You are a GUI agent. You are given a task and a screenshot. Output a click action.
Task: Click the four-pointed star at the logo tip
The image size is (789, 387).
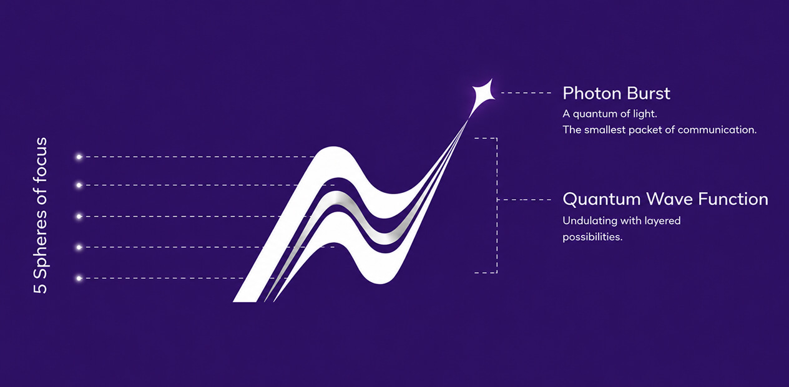coord(484,93)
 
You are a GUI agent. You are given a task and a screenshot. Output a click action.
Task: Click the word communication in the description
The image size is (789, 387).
coord(717,130)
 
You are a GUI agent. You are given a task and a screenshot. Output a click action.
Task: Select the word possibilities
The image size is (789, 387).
coord(592,237)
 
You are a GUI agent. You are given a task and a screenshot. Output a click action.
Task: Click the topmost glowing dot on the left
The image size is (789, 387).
coord(79,157)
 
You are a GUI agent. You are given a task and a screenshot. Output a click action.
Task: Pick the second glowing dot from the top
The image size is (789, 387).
coord(79,185)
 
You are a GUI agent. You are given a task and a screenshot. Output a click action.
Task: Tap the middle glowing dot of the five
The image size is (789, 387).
coord(79,216)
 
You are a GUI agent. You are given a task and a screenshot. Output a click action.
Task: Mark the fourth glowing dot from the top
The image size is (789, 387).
coord(79,247)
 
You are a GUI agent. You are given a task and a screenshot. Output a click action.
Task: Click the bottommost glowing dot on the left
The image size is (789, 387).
coord(79,278)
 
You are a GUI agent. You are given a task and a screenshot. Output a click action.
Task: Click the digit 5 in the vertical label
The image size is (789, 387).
coord(40,287)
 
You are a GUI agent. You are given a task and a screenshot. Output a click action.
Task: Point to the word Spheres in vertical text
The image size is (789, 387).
coord(41,243)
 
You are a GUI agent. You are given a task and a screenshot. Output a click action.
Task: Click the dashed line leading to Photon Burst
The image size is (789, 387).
coord(526,93)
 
